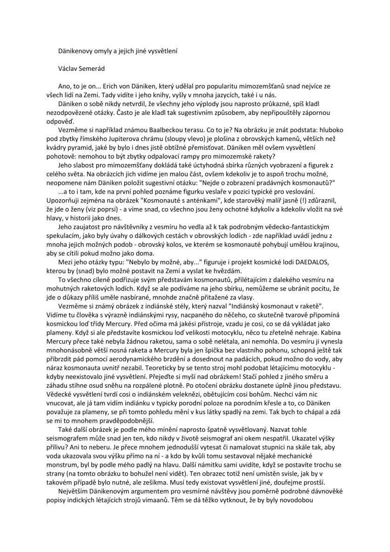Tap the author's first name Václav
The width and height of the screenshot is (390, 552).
point(68,69)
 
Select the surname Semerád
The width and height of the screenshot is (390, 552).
point(92,69)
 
